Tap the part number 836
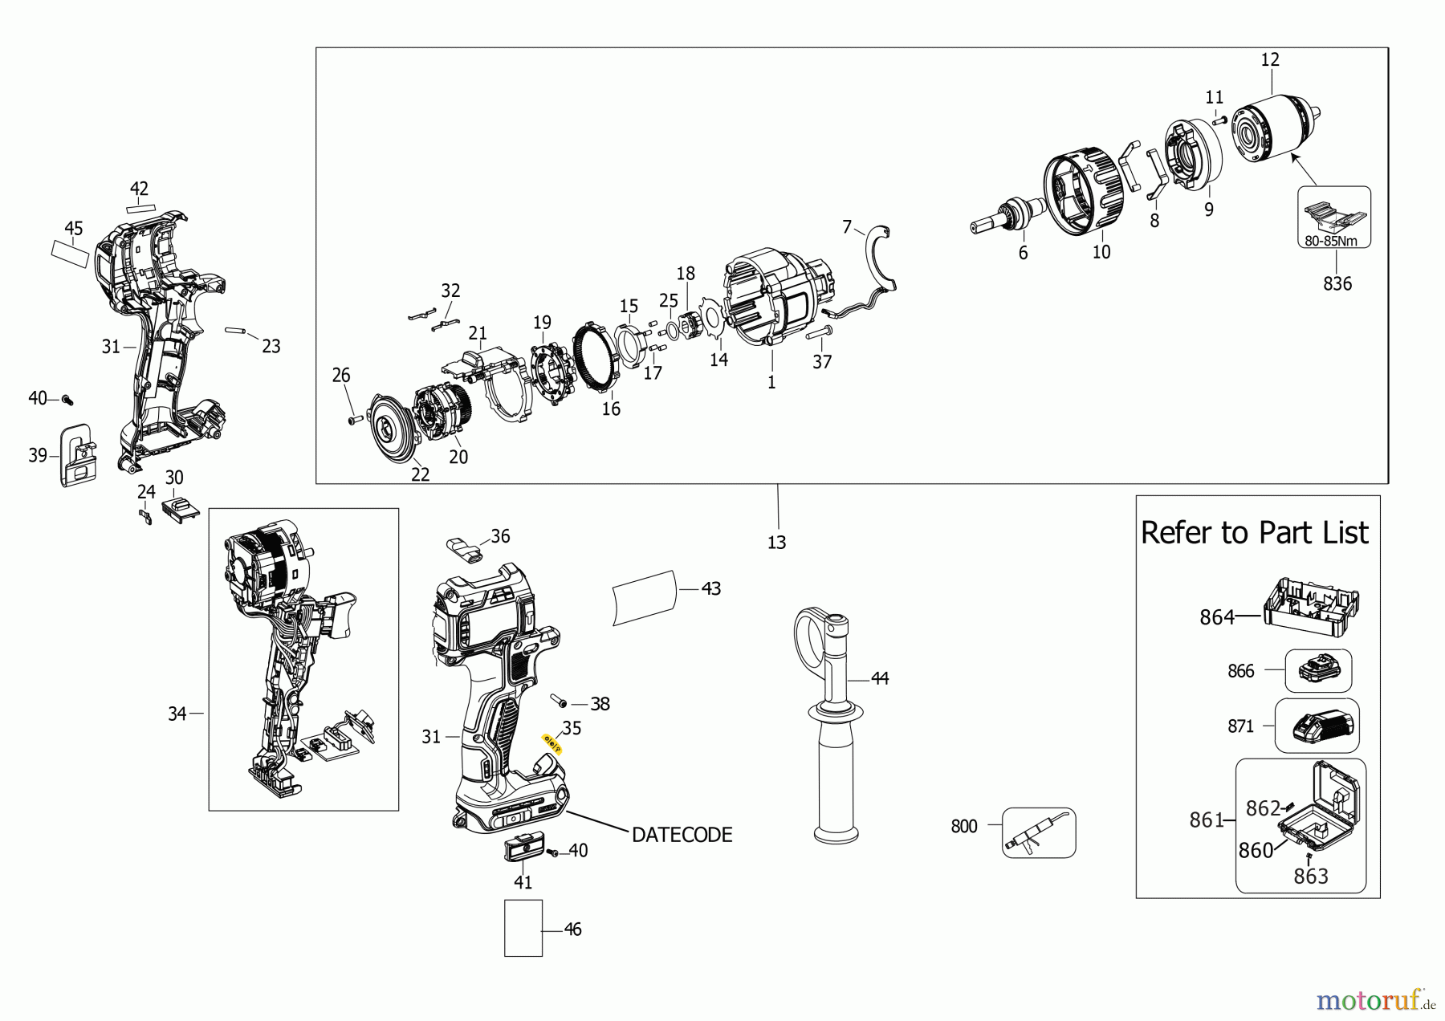[x=1337, y=283]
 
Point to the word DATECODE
[x=682, y=835]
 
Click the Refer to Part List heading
[x=1254, y=533]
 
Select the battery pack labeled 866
[x=1317, y=670]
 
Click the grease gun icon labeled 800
[x=1038, y=832]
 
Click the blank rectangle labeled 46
[x=523, y=928]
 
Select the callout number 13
[x=776, y=543]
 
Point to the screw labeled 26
[x=354, y=420]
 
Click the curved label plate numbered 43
[x=645, y=597]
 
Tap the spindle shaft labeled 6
[x=1007, y=218]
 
